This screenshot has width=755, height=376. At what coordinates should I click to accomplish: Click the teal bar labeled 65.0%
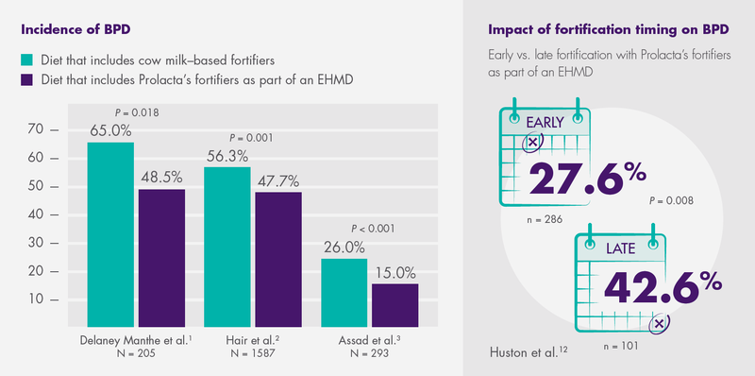click(x=110, y=234)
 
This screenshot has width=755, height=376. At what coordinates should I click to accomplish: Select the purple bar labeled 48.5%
click(x=161, y=258)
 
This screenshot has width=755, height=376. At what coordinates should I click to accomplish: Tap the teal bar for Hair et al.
click(x=227, y=247)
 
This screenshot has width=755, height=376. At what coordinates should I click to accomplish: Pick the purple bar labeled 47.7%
click(x=278, y=260)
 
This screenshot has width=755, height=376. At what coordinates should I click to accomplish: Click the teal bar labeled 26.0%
click(x=344, y=293)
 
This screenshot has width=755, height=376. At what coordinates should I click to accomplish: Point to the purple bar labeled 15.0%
click(x=395, y=305)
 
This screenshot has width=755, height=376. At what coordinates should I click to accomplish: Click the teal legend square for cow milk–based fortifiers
click(x=27, y=60)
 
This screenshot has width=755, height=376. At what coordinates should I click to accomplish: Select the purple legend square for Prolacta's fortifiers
click(x=27, y=79)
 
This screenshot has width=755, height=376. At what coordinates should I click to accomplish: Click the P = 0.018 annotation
click(x=137, y=113)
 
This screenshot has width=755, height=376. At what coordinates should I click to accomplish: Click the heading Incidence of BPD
click(x=76, y=29)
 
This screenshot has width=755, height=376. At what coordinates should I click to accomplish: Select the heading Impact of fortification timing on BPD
click(x=609, y=29)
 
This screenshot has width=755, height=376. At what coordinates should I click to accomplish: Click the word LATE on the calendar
click(x=621, y=248)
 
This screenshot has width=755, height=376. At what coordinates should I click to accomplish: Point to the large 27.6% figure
click(x=587, y=177)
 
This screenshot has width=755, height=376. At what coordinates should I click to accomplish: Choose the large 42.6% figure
click(x=663, y=286)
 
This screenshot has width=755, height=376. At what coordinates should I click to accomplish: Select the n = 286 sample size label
click(x=545, y=220)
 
